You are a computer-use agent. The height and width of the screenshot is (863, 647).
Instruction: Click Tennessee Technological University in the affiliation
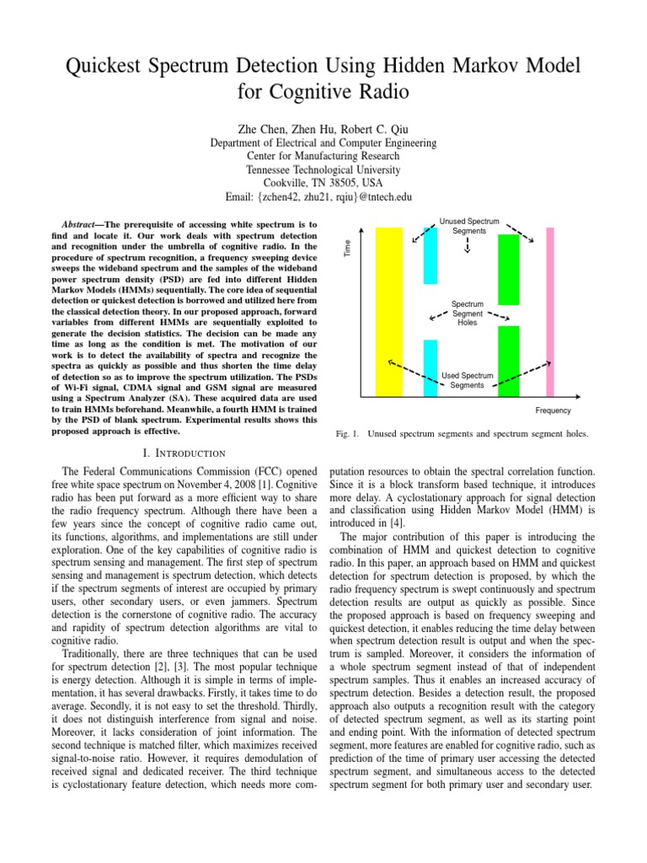click(x=323, y=169)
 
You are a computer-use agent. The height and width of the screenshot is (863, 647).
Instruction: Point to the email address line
click(x=323, y=196)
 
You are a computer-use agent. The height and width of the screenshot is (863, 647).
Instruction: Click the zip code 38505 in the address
click(x=339, y=183)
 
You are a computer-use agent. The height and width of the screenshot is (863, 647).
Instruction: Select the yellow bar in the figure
click(x=389, y=312)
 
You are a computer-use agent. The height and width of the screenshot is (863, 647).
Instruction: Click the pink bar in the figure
click(x=550, y=312)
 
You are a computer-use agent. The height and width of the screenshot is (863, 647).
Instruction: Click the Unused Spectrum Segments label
click(x=469, y=226)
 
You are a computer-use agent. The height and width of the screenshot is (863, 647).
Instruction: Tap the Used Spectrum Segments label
click(x=468, y=380)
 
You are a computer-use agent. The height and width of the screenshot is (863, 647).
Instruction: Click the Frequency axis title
click(x=553, y=410)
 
